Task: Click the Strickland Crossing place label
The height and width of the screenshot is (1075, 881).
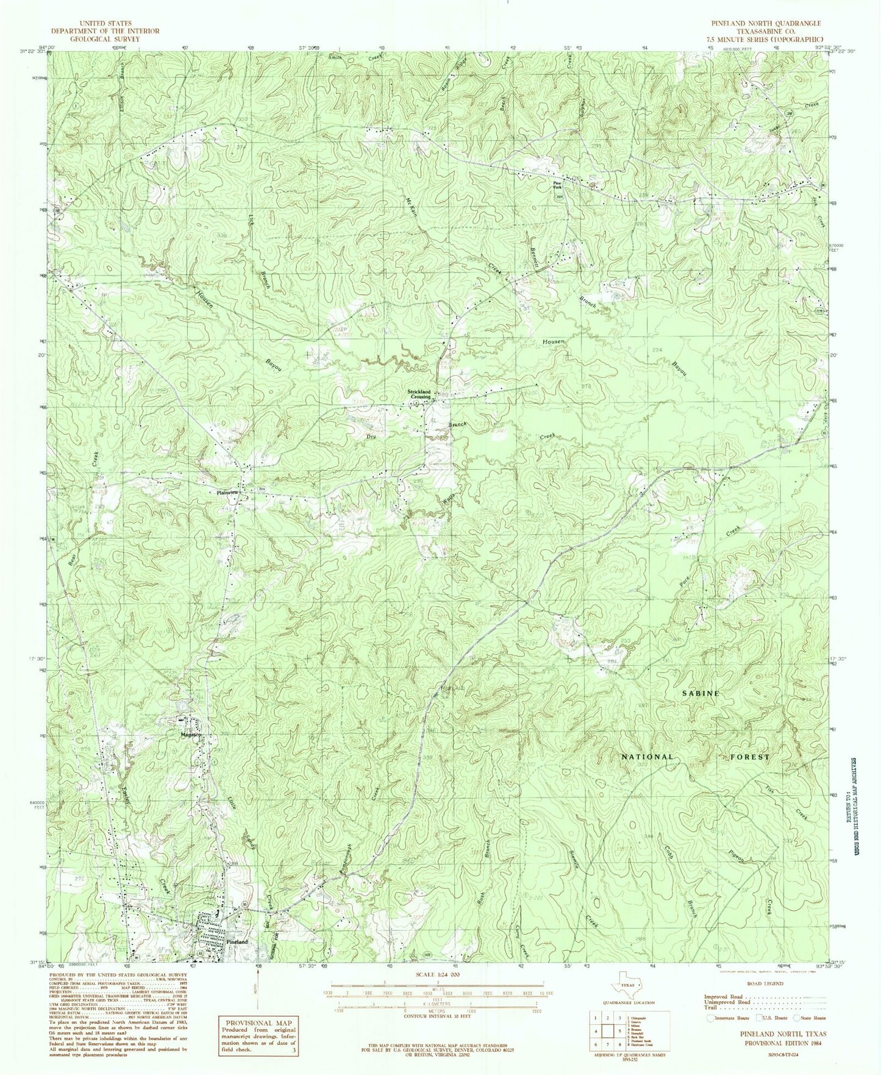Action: pyautogui.click(x=420, y=394)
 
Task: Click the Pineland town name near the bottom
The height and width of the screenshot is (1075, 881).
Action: pyautogui.click(x=237, y=959)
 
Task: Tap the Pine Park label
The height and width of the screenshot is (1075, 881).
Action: pyautogui.click(x=557, y=185)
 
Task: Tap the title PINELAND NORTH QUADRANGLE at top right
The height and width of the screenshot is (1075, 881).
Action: pyautogui.click(x=766, y=23)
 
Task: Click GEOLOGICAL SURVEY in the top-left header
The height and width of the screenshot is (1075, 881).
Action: pyautogui.click(x=105, y=38)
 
